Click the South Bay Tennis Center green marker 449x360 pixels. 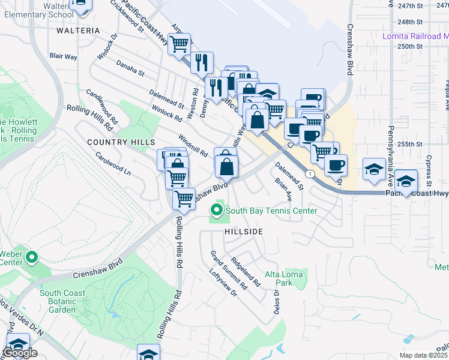click(x=216, y=211)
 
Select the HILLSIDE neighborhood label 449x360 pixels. click(x=244, y=231)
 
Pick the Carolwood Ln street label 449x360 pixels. click(x=113, y=163)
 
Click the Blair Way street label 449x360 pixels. click(x=63, y=56)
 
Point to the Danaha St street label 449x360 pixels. click(x=130, y=67)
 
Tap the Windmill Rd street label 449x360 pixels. click(x=193, y=145)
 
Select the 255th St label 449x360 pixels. click(x=411, y=144)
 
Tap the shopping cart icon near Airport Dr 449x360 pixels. click(x=179, y=44)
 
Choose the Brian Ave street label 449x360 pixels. click(x=283, y=188)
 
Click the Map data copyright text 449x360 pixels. click(x=423, y=355)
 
